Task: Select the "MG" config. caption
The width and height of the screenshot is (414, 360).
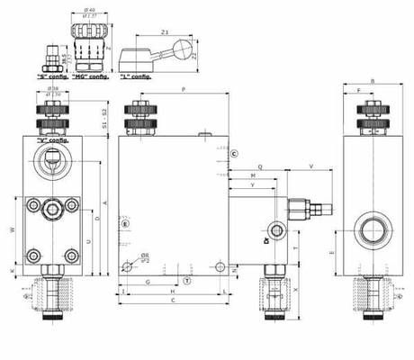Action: (x=91, y=76)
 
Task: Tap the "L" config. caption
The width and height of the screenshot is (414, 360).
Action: (x=136, y=76)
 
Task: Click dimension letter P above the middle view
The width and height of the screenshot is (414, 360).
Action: (x=183, y=90)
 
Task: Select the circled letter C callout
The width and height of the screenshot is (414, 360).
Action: (x=233, y=155)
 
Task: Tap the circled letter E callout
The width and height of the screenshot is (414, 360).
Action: (x=126, y=222)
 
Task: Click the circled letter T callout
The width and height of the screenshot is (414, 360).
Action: (x=186, y=282)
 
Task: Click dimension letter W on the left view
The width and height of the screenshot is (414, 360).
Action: (x=12, y=230)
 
